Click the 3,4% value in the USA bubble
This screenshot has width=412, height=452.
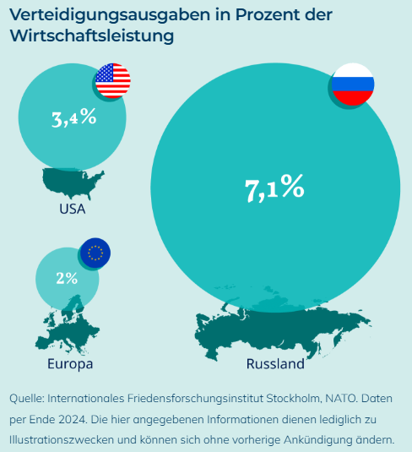click(73, 117)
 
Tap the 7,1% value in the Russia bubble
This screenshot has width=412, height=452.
click(274, 188)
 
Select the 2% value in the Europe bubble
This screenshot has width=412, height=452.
click(67, 278)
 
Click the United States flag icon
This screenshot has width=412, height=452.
click(112, 81)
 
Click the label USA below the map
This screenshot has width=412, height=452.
click(73, 209)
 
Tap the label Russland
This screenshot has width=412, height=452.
click(274, 365)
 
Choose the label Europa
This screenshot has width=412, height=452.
click(70, 364)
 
